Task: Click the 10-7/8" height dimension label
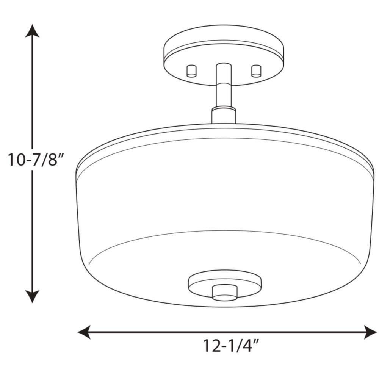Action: [x=36, y=160]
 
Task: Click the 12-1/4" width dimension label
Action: [x=231, y=346]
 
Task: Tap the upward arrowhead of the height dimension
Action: [x=32, y=31]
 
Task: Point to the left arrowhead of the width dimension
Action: [x=84, y=332]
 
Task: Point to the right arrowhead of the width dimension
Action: [x=370, y=332]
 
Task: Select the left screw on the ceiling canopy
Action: [x=191, y=71]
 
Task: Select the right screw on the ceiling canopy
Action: [x=256, y=71]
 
